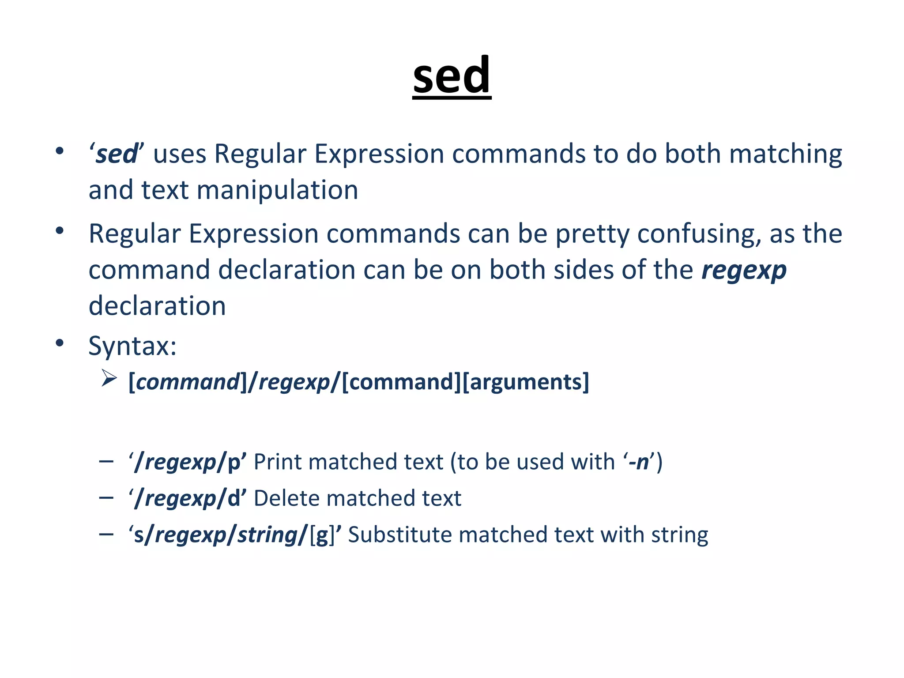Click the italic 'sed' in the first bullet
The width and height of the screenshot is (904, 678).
coord(117,154)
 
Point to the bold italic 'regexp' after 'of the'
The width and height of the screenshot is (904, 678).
coord(744,270)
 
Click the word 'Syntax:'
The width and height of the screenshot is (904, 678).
coord(132,346)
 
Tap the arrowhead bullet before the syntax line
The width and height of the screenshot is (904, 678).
coord(109,378)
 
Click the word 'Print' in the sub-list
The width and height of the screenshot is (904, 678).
coord(278,462)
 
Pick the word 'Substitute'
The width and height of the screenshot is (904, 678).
coord(399,535)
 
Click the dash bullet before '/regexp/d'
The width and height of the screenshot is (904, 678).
coord(106,498)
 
